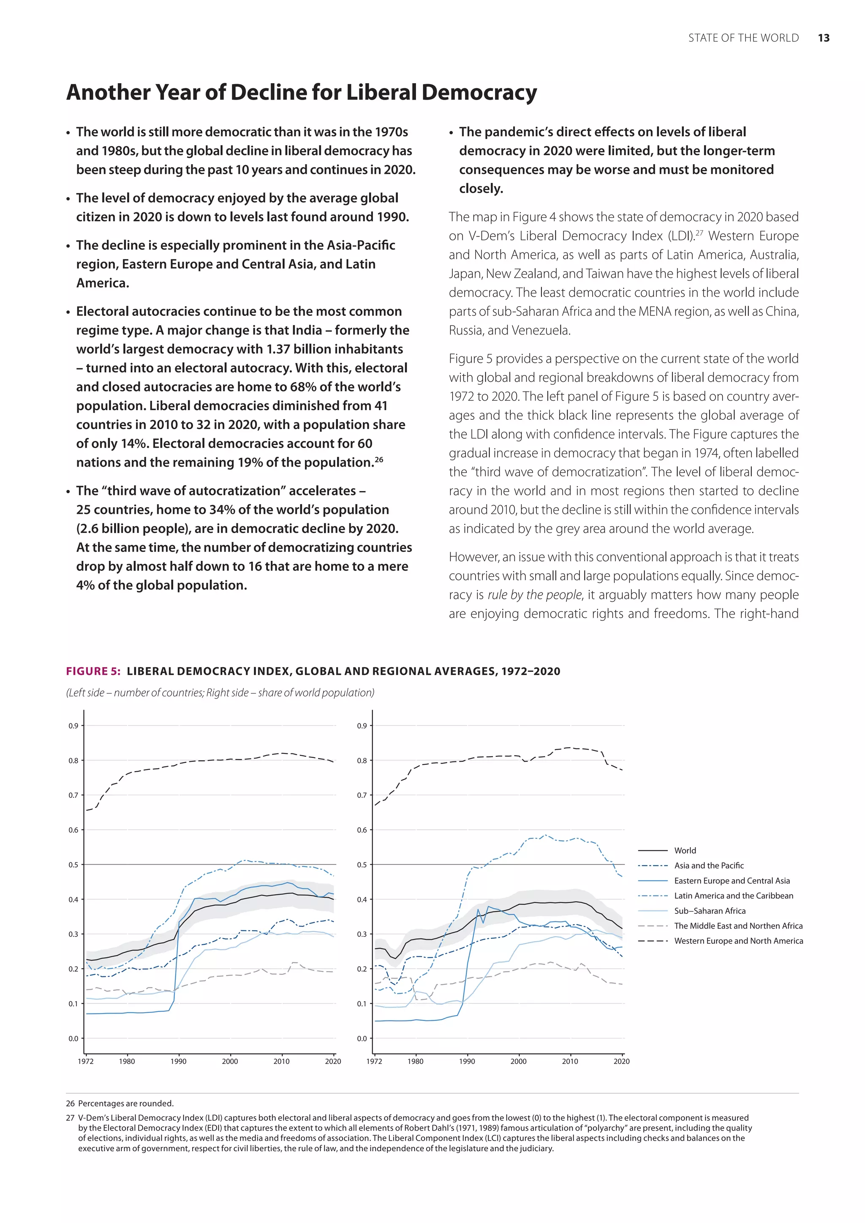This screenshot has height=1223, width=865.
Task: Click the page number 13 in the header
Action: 824,38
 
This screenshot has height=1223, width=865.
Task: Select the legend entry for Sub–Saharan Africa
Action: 710,911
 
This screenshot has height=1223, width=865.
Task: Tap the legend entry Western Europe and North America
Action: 738,940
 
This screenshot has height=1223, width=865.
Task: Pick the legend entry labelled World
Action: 685,851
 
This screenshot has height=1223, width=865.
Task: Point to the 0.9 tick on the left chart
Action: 73,726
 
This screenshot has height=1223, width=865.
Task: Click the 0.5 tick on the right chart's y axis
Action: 362,864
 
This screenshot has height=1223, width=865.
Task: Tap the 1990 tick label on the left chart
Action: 178,1061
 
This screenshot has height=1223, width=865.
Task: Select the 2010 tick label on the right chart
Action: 570,1061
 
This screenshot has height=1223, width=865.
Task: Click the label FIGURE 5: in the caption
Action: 93,671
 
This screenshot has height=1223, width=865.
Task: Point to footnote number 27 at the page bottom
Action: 70,1117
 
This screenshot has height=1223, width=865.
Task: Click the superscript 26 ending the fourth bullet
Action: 379,459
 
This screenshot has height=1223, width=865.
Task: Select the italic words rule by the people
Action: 535,595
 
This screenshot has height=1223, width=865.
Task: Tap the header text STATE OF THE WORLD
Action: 743,38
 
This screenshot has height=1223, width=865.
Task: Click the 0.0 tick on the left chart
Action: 73,1038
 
